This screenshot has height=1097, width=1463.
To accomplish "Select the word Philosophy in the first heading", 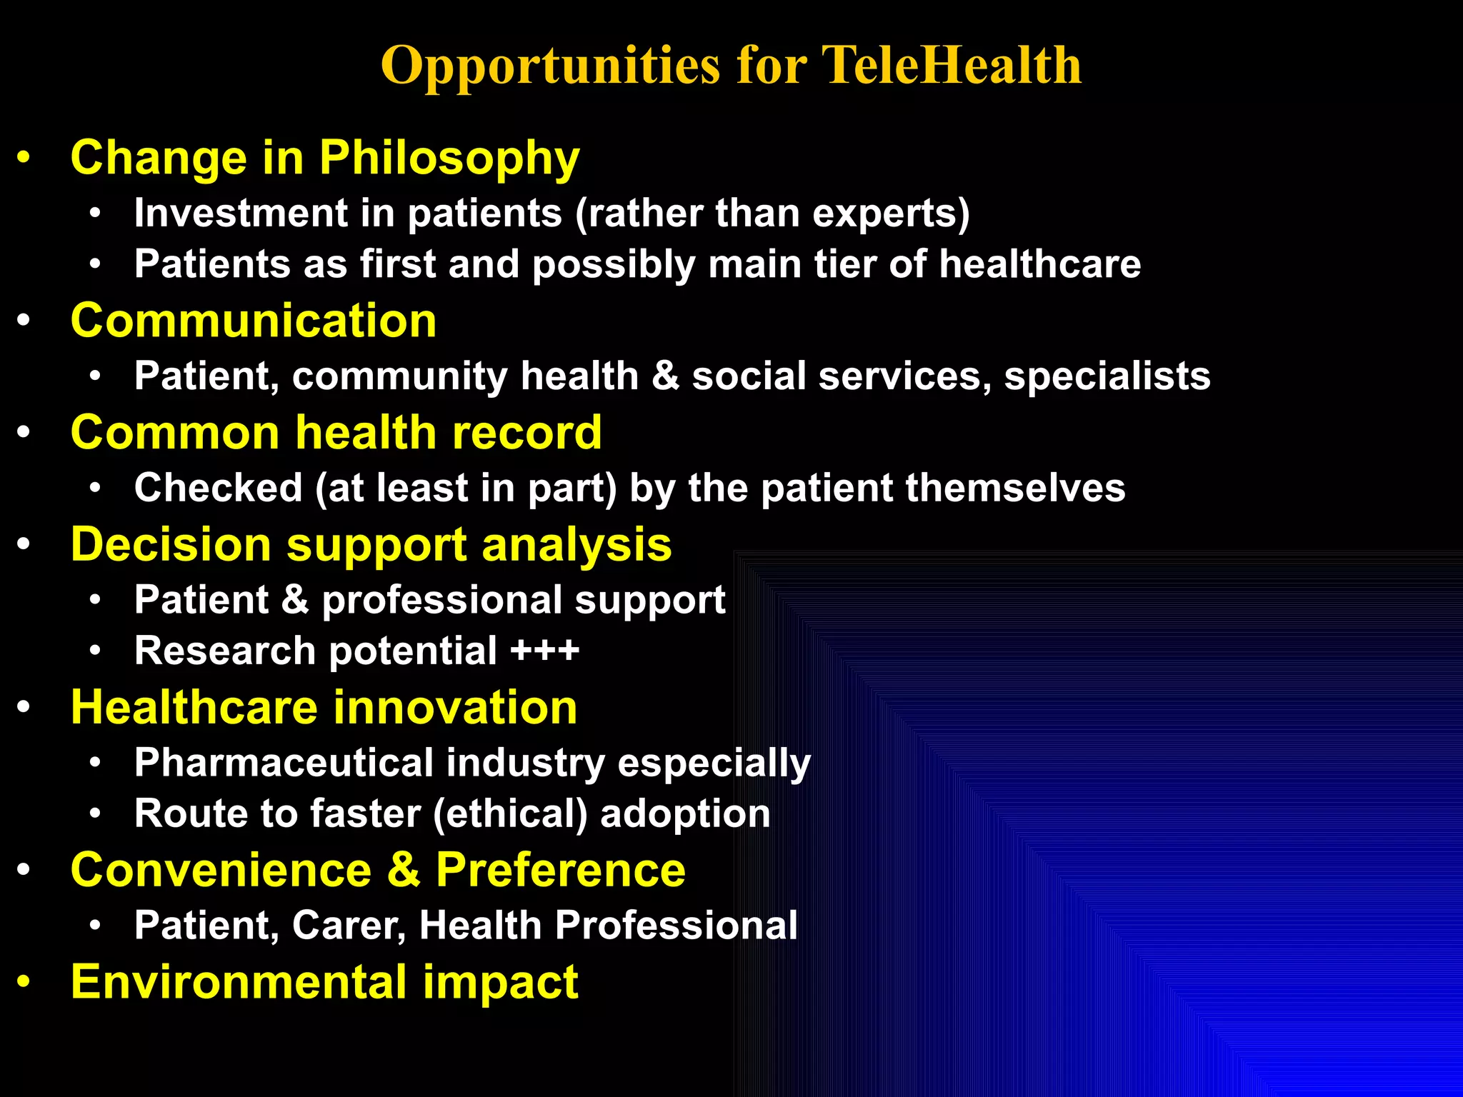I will pos(449,159).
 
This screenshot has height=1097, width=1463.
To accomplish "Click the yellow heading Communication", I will pos(254,321).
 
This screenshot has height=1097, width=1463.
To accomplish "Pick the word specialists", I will pos(1107,376).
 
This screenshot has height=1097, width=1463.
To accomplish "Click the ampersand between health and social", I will pos(665,376).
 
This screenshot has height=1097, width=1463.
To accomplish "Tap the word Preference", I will pos(560,871).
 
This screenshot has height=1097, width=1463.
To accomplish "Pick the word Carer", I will pos(349,926).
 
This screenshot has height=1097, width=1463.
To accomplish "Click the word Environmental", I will pos(239,982).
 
